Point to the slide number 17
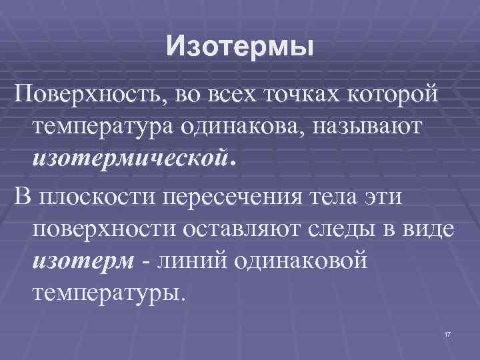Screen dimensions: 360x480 pos(446,333)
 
